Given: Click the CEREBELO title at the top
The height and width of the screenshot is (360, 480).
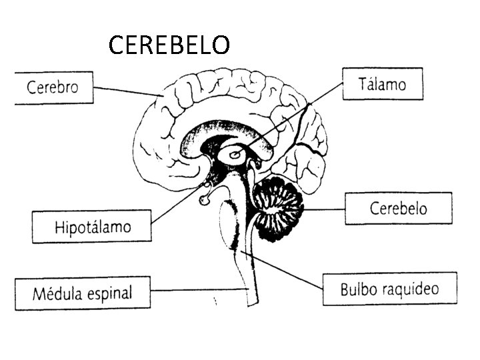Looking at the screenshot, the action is click(169, 45).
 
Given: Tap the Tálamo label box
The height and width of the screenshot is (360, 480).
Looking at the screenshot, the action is click(382, 84).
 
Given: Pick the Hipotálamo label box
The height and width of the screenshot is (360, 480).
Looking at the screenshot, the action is click(92, 227).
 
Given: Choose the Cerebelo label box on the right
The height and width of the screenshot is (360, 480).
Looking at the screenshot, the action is click(398, 208).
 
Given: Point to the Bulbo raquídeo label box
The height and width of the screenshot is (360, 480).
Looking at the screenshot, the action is click(389, 289).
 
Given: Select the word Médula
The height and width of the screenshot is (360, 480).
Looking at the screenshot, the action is click(55, 293).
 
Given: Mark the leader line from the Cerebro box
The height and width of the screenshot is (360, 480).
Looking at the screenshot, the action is click(127, 92).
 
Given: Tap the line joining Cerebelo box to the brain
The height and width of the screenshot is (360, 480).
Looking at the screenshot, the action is click(324, 209).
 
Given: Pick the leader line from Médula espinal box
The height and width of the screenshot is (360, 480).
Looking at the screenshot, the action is click(200, 289).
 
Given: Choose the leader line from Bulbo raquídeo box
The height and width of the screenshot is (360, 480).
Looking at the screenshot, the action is click(283, 270).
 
